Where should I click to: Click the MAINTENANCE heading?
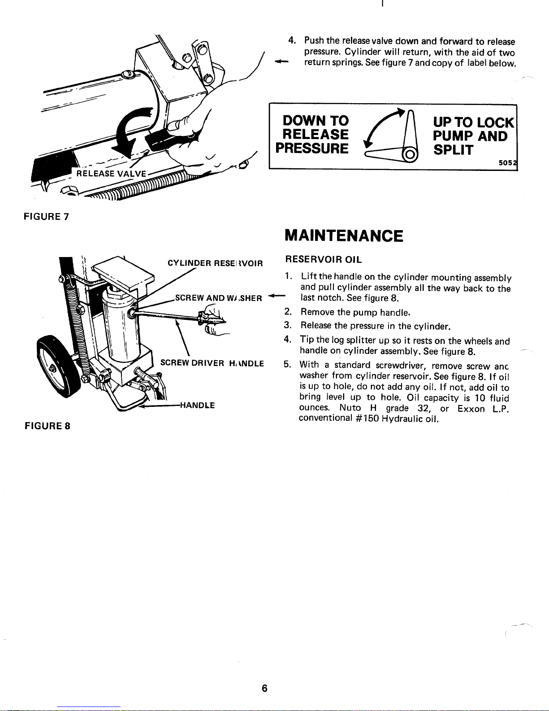tap(344, 236)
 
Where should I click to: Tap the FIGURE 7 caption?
tap(47, 217)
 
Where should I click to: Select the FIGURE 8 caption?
tap(48, 426)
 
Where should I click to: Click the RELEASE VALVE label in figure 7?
tap(111, 174)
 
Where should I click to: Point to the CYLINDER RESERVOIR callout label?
tap(215, 263)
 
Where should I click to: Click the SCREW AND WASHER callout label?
tap(219, 298)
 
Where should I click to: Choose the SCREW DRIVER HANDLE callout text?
tap(212, 363)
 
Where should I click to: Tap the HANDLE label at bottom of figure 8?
tap(197, 406)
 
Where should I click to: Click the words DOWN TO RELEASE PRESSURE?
tap(312, 135)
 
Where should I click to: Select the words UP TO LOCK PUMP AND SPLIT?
tap(474, 136)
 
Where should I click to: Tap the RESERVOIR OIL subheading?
tap(324, 259)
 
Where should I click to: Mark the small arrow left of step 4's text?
tap(281, 61)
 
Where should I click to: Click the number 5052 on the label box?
tap(507, 163)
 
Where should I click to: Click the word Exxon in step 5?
tap(471, 409)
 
